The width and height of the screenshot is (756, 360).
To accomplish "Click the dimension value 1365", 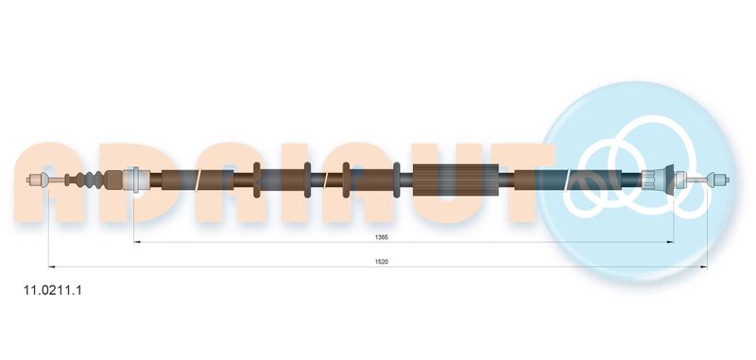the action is [x=382, y=237].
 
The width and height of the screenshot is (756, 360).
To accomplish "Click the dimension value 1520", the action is [x=382, y=262].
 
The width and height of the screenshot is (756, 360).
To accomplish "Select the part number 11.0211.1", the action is [x=53, y=291].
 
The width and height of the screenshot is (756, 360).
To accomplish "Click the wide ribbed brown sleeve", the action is [x=455, y=180].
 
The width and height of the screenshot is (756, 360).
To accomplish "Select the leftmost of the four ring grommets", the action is [x=257, y=180].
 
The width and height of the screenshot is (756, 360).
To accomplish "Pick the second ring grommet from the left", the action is [x=308, y=180].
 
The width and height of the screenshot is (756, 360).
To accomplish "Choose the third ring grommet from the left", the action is [x=346, y=180].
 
